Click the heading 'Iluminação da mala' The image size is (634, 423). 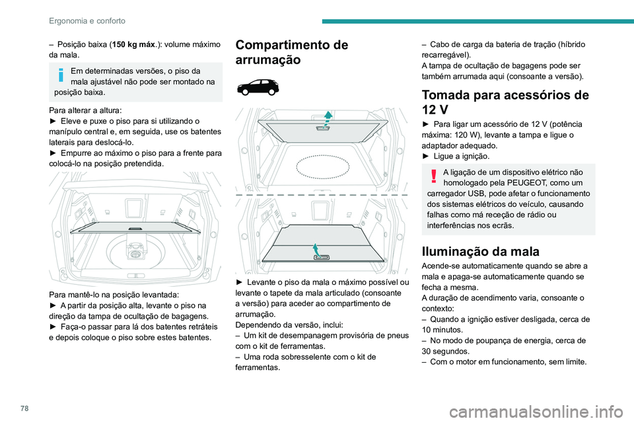[x=475, y=251]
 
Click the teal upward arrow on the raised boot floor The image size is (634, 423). [x=328, y=118]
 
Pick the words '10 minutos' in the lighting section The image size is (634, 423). [x=443, y=329]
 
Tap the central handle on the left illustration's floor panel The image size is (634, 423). [x=135, y=229]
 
